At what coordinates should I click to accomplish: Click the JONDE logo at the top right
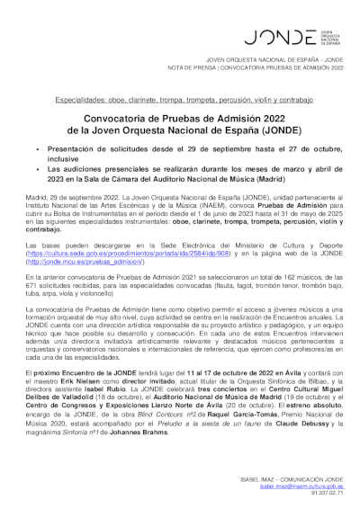[279, 37]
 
